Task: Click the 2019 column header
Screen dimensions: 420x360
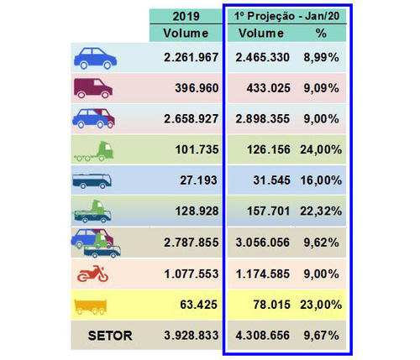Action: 186,16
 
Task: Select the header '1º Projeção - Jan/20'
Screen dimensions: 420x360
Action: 286,16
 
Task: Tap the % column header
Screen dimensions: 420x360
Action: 321,33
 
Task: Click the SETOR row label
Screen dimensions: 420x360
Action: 110,336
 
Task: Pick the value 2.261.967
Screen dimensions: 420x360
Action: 191,57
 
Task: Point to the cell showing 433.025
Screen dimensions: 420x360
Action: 268,88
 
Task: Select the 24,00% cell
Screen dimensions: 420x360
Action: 321,149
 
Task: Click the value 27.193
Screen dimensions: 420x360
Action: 198,180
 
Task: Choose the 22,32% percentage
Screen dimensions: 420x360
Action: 321,211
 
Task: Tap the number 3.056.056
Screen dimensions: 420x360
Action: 263,243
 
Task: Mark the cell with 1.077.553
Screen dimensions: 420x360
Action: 192,274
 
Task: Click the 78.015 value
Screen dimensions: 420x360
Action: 271,305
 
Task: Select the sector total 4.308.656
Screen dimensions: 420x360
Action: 263,335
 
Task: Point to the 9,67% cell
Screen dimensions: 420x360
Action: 321,335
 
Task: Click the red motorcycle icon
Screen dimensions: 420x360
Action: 92,274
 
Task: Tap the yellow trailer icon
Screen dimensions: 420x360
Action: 91,307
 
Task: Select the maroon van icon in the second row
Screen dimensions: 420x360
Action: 93,88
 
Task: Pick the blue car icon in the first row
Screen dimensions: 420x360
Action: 95,58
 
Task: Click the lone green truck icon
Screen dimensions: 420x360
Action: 94,151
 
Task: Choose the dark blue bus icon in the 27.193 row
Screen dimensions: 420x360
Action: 92,181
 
